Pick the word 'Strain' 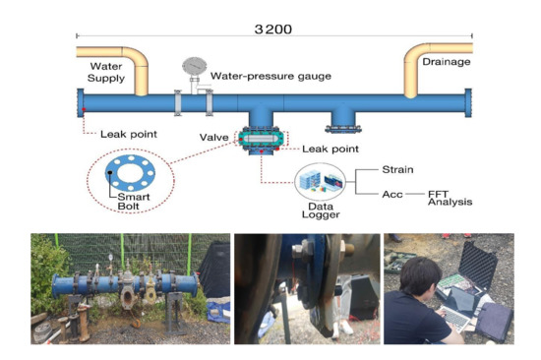click(x=398, y=169)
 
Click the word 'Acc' click(x=392, y=193)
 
